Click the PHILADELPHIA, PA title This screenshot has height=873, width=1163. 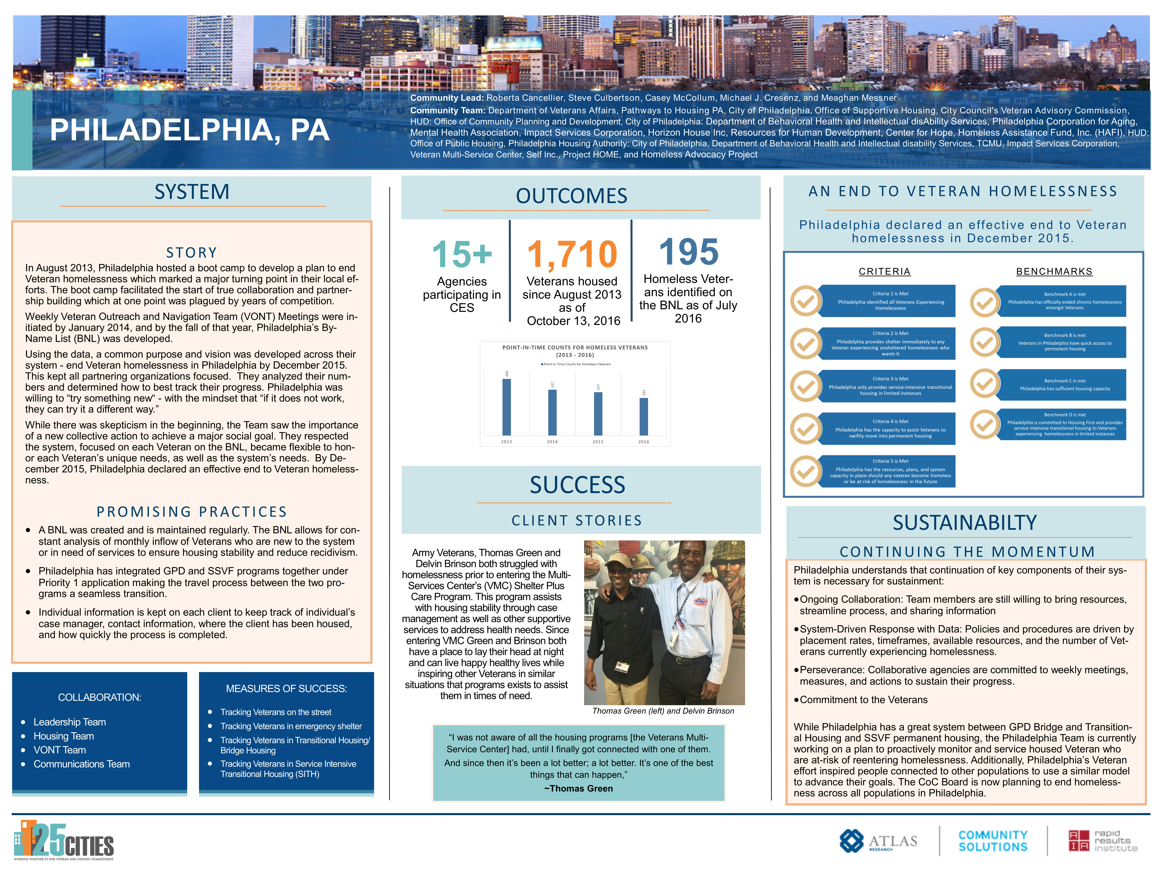(x=190, y=130)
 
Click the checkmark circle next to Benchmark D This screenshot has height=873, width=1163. (x=985, y=424)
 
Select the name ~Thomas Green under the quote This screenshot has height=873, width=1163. (x=578, y=788)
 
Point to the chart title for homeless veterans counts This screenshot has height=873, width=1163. (x=575, y=351)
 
